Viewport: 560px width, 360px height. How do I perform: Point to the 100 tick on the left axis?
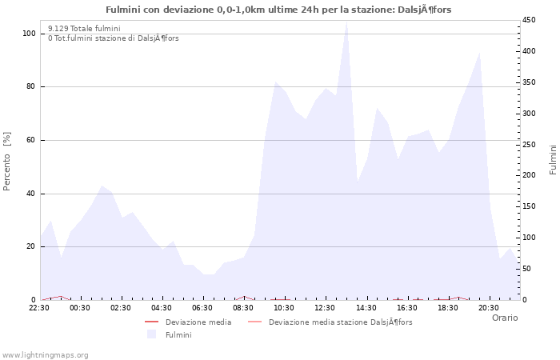tap(29, 34)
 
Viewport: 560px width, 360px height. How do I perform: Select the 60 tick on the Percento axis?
tap(30, 140)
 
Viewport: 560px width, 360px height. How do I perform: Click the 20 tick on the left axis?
tap(30, 246)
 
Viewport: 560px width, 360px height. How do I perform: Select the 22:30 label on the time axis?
tap(39, 307)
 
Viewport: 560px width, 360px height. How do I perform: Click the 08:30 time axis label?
tap(243, 307)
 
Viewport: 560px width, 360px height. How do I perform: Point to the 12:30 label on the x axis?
tap(325, 307)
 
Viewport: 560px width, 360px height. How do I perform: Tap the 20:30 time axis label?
tap(488, 307)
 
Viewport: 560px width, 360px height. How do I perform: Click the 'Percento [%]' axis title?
tap(7, 162)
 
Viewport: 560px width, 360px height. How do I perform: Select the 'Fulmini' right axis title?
tap(553, 160)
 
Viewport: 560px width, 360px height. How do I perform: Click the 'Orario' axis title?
tap(504, 318)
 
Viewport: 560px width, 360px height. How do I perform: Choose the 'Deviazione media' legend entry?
tap(198, 322)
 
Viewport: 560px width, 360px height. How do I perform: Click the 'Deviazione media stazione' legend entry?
tap(340, 322)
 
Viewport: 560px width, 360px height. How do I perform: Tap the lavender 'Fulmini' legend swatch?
tap(151, 334)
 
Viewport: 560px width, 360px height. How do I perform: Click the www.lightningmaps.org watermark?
tap(45, 354)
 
